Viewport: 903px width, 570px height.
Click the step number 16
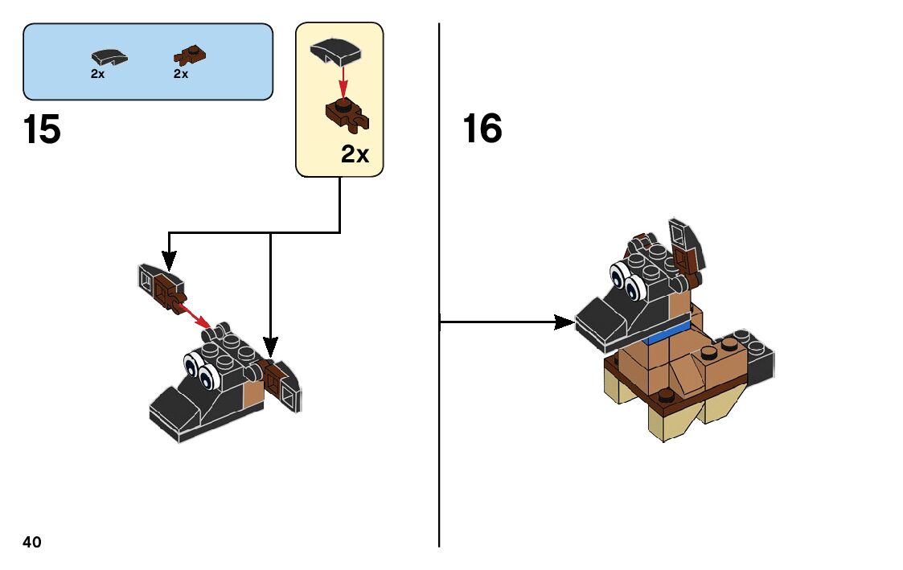482,128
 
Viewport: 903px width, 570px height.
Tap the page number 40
32,542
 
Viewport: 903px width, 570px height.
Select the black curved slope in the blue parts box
109,58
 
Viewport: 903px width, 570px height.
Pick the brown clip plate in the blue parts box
190,55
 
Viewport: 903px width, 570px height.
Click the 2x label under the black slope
97,74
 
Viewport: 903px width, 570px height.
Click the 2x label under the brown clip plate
181,74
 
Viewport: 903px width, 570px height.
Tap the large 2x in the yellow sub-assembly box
355,154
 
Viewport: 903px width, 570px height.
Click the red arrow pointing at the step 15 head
195,314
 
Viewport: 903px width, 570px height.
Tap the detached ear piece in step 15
162,287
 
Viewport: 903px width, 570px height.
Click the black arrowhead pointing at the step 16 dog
564,322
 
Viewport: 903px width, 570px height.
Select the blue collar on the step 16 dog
668,334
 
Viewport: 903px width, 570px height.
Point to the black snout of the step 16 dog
601,322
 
